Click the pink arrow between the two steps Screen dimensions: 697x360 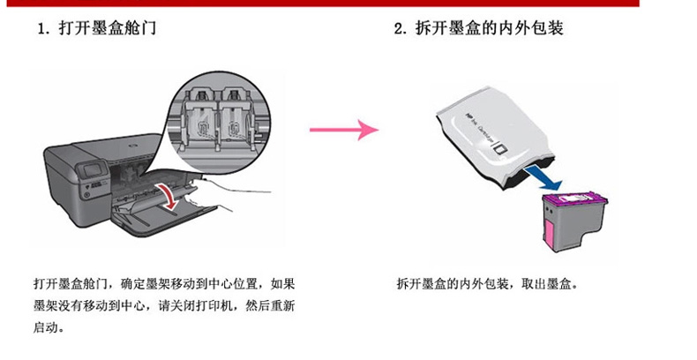344,130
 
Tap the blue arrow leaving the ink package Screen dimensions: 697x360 543,176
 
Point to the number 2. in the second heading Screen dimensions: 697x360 401,29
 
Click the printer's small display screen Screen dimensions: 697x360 93,170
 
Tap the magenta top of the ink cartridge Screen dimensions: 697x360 576,199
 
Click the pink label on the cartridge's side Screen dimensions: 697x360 549,235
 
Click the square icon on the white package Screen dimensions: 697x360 502,150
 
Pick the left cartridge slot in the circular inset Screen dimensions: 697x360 200,120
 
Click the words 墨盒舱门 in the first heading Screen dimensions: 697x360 125,29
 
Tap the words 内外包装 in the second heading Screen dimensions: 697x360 531,29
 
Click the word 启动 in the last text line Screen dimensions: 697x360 46,327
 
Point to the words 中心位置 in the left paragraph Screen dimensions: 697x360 234,283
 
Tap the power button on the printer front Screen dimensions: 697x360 87,194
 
